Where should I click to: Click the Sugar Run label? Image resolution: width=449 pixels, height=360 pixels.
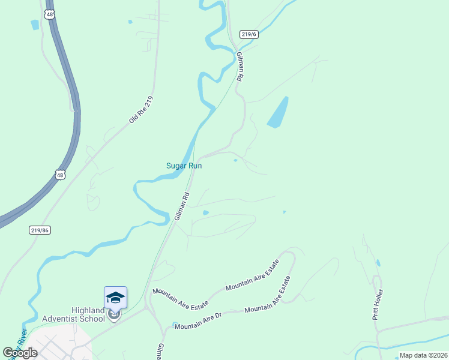point(184,166)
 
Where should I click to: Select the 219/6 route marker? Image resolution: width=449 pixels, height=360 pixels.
point(249,34)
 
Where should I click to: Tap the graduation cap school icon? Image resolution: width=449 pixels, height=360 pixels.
point(115,298)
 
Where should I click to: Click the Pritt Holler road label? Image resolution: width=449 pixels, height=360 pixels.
point(378,304)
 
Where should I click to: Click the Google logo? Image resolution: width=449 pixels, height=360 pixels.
point(20,353)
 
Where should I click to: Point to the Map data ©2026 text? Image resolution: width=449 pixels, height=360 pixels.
point(423,355)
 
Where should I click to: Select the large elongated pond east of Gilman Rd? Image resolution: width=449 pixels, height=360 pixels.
point(277,112)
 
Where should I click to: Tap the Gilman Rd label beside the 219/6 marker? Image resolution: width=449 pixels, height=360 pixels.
point(240,66)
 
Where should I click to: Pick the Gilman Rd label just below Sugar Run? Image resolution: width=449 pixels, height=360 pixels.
point(182,206)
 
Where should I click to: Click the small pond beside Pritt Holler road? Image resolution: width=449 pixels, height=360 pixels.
point(378,263)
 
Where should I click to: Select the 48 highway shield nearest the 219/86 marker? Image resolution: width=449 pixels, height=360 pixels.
point(59,175)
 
